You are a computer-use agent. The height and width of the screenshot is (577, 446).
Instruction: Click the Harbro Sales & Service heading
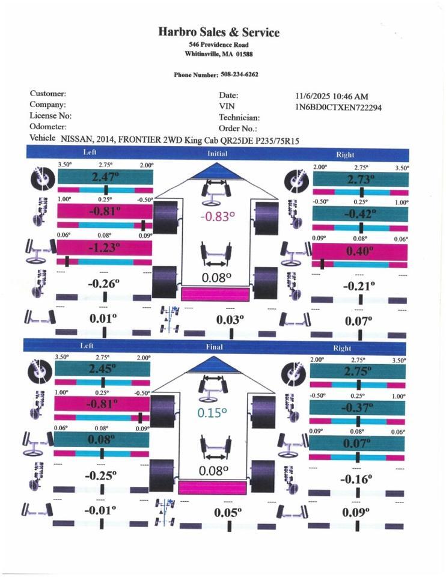tap(219, 32)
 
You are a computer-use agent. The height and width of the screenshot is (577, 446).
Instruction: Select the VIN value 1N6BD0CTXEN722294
tap(338, 107)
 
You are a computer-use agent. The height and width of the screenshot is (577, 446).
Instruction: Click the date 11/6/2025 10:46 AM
tap(332, 96)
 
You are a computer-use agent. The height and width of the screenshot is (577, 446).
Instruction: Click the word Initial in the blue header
tap(217, 154)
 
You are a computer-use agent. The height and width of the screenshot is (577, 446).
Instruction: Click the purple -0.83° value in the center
tap(218, 217)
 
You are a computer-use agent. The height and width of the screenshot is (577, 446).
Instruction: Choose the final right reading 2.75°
tap(358, 371)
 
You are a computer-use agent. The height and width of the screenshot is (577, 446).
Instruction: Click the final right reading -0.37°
tap(358, 408)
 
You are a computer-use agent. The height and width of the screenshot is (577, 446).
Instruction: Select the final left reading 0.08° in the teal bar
tap(102, 439)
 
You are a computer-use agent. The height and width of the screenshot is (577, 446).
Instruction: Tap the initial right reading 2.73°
tap(361, 179)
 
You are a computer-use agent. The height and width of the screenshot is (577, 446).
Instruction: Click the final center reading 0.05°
tap(228, 512)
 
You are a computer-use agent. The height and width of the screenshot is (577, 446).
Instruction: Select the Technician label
tap(239, 118)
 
